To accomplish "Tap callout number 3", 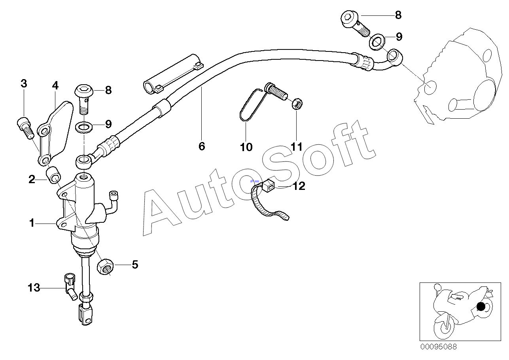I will [24, 83].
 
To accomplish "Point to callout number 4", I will [55, 85].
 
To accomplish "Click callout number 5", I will [135, 264].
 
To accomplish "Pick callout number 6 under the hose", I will [202, 146].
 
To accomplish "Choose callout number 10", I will [246, 147].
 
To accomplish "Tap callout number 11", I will [297, 147].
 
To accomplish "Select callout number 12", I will [299, 186].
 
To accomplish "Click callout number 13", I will [34, 288].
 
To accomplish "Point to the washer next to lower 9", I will [83, 127].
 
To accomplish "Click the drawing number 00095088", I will [438, 347].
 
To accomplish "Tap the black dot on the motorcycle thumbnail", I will [481, 306].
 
